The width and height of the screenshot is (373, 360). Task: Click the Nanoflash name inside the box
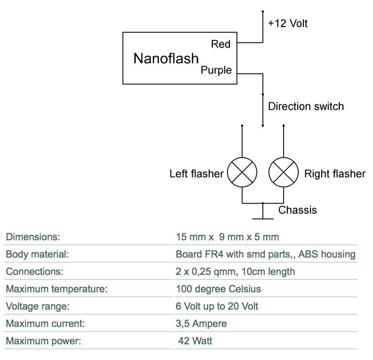(x=166, y=59)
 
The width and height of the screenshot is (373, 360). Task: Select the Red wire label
(x=220, y=44)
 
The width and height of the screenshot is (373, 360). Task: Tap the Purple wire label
(x=216, y=70)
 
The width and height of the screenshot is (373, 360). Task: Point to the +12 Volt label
(x=288, y=23)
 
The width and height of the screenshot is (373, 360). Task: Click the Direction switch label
(x=306, y=107)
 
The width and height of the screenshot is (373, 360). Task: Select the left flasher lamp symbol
(x=242, y=173)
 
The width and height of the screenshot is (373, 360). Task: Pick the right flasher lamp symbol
(x=283, y=173)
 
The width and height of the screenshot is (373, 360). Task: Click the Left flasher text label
(x=196, y=174)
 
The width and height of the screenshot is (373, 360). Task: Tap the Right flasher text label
(x=335, y=174)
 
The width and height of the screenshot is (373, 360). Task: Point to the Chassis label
(x=297, y=210)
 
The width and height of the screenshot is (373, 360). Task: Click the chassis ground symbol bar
(x=263, y=218)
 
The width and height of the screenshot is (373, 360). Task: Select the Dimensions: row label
(x=33, y=237)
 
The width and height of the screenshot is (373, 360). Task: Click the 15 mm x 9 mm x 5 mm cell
(x=227, y=237)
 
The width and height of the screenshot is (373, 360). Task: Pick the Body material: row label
(x=37, y=254)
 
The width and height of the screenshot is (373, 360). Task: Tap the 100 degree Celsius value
(x=218, y=289)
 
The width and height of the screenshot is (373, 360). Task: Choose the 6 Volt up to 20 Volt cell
(x=217, y=306)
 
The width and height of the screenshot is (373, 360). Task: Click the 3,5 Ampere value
(x=201, y=324)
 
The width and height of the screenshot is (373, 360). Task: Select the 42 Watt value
(x=195, y=341)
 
